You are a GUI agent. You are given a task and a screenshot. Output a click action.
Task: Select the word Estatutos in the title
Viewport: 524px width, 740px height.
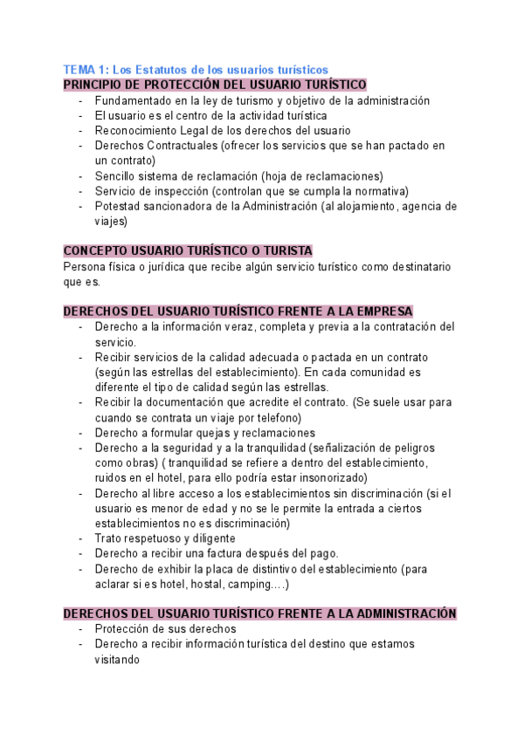point(163,69)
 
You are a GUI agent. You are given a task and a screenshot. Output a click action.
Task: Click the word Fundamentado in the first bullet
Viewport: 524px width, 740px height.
point(135,100)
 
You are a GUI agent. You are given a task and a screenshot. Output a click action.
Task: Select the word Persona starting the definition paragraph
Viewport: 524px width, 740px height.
point(86,266)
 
